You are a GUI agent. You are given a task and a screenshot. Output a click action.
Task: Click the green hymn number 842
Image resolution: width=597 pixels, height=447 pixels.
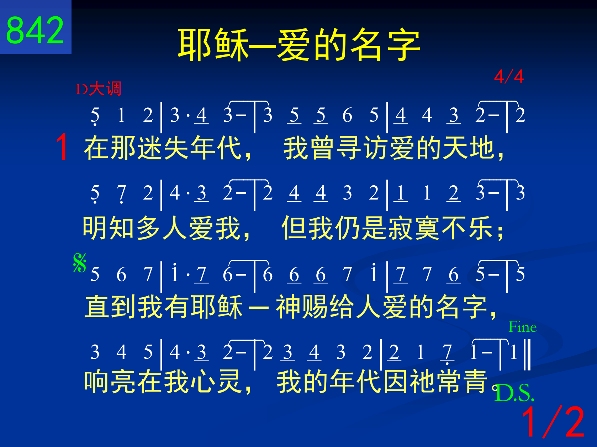pos(35,30)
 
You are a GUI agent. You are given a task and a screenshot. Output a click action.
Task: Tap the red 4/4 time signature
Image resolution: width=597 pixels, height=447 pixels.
pos(509,76)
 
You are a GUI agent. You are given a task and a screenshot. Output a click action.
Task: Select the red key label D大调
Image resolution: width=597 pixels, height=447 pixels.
pos(99,89)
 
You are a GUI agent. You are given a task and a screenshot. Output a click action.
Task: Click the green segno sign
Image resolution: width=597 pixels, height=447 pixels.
pos(80,262)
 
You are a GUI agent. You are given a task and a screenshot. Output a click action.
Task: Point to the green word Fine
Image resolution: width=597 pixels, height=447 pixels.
pos(523,327)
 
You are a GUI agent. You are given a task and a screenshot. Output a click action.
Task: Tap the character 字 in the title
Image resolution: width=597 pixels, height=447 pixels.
pos(404,45)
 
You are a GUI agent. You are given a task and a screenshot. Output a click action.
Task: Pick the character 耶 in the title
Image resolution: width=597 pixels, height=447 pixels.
pos(195,45)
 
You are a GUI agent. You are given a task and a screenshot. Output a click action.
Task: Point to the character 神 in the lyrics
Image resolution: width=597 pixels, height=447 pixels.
pos(288,307)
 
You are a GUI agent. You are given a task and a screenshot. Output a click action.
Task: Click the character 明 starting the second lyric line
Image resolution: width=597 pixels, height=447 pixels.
pos(95,228)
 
